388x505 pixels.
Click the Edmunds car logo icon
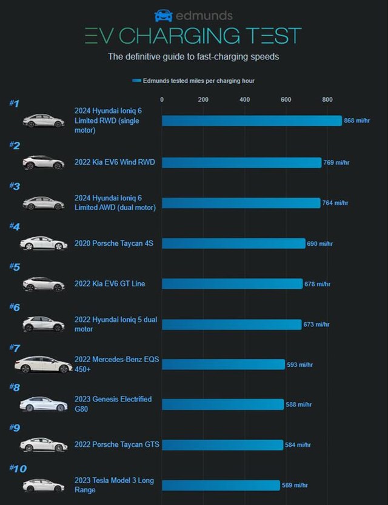[164, 15]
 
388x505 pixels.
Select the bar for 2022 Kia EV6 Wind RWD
[241, 162]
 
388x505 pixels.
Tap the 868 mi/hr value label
[357, 120]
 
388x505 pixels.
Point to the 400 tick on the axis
[244, 100]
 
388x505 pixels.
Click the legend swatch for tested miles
[136, 81]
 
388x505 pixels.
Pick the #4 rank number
[15, 227]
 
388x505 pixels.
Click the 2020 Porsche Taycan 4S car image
[43, 243]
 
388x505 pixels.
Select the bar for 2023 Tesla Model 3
[221, 485]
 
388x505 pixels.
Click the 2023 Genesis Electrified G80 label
[113, 403]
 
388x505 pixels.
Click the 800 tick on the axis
[327, 100]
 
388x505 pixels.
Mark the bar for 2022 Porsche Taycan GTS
[222, 445]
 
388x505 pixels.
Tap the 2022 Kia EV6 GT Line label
[110, 283]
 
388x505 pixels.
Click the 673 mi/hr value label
[316, 325]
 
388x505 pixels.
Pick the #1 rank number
[15, 104]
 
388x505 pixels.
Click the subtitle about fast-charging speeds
[193, 58]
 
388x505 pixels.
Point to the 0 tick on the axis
[162, 100]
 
